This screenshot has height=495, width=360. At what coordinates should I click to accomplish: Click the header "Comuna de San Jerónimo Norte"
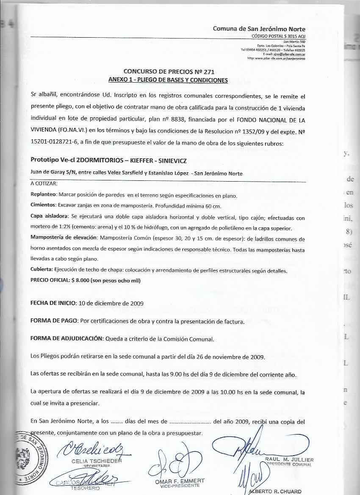[259, 29]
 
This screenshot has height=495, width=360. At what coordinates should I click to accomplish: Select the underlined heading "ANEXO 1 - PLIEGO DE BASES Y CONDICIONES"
[168, 80]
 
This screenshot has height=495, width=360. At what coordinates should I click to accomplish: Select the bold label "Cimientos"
[44, 205]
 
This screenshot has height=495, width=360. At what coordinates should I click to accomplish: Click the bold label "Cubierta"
[42, 270]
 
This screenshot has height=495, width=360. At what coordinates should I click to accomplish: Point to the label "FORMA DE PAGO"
[54, 321]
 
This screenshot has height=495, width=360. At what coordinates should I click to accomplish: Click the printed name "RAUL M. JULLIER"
[289, 459]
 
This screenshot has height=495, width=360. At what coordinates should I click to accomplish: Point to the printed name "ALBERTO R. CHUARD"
[275, 492]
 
